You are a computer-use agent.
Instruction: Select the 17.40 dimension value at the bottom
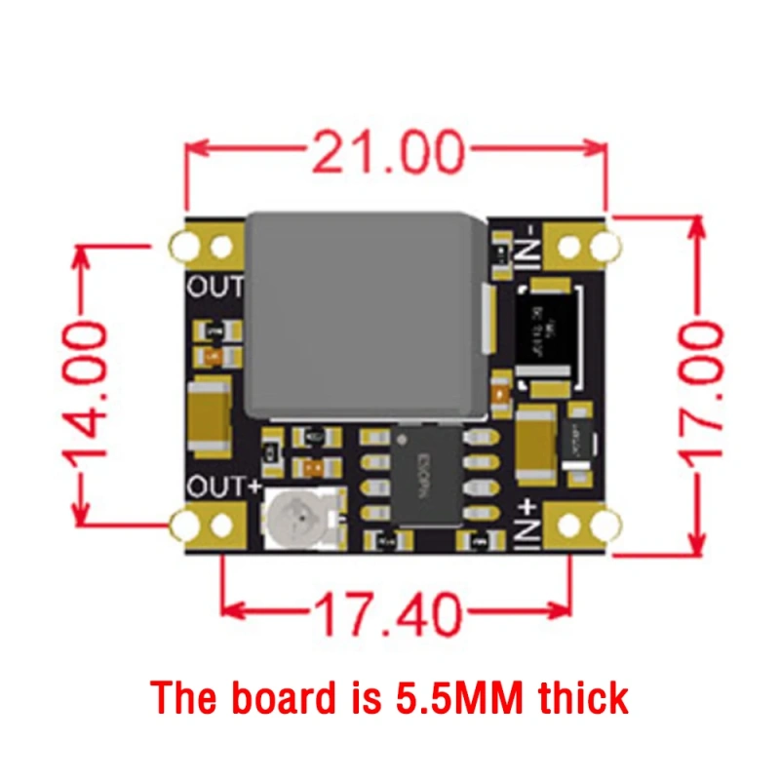click(x=388, y=613)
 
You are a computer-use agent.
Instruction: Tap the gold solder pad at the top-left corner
click(x=206, y=245)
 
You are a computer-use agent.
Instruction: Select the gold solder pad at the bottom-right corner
click(x=581, y=527)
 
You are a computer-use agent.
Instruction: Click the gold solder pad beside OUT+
click(x=206, y=526)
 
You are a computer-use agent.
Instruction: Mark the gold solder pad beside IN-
click(x=581, y=245)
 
